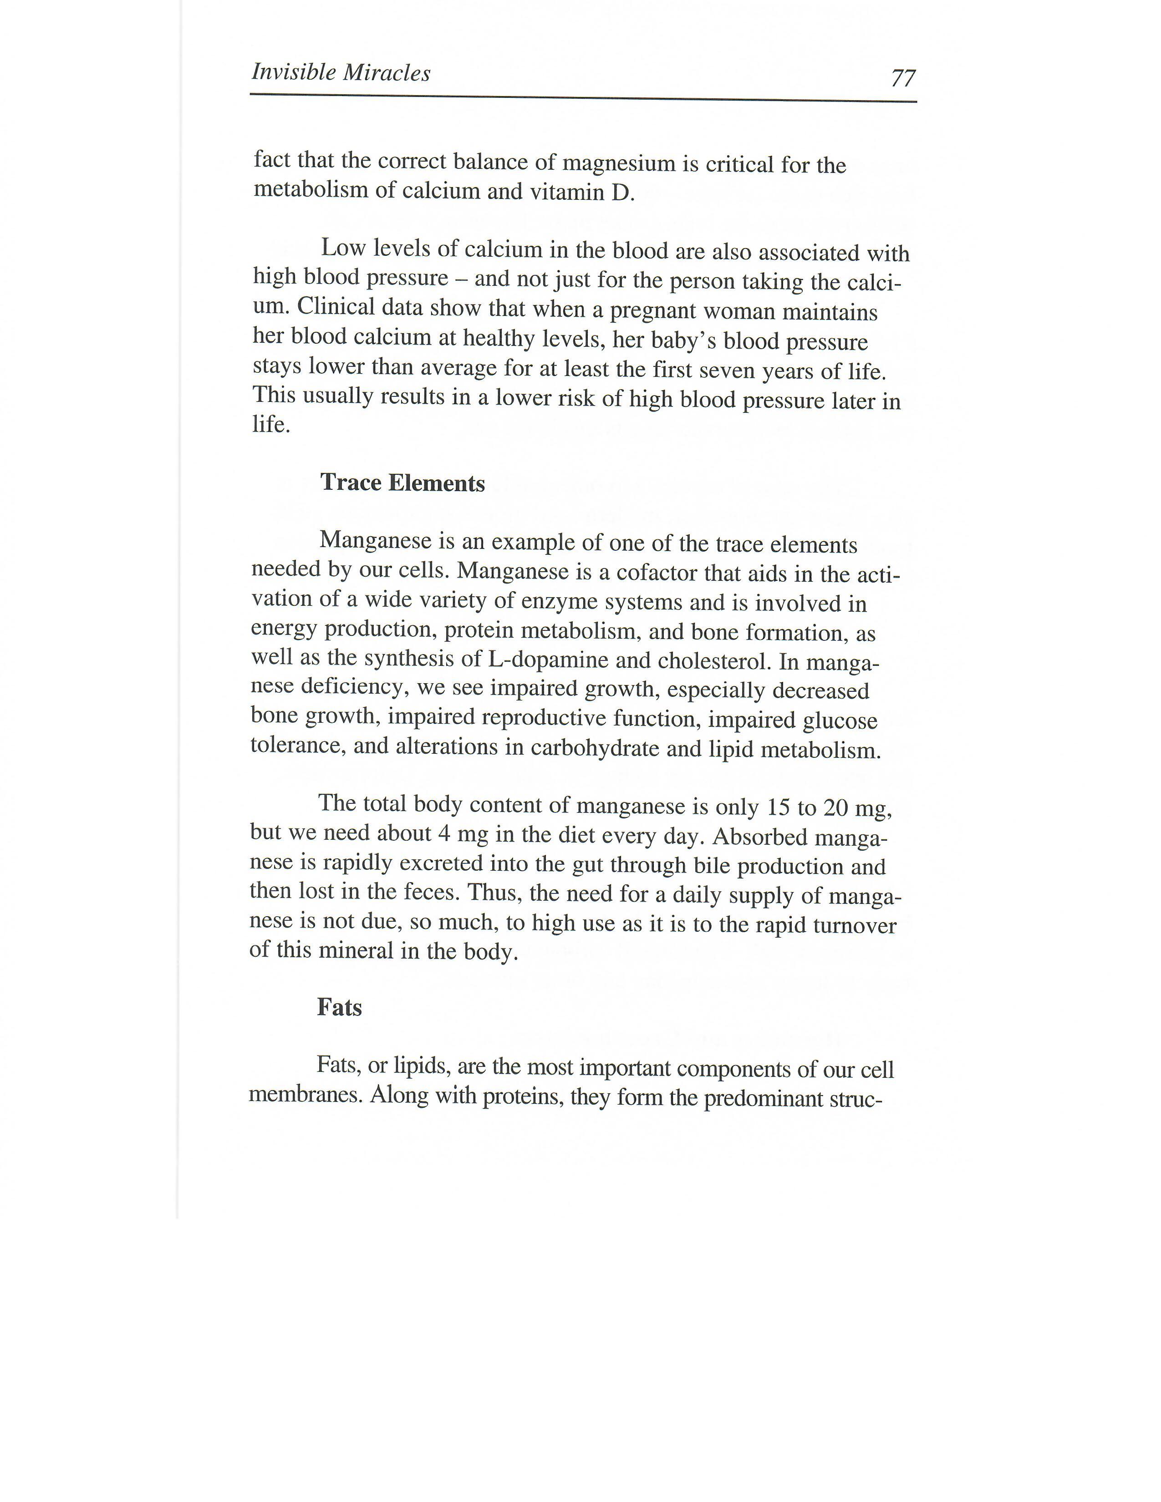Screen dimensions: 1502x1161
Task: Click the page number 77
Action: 903,78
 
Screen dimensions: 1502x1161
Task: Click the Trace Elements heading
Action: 402,483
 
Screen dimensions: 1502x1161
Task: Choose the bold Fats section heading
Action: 339,1008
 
